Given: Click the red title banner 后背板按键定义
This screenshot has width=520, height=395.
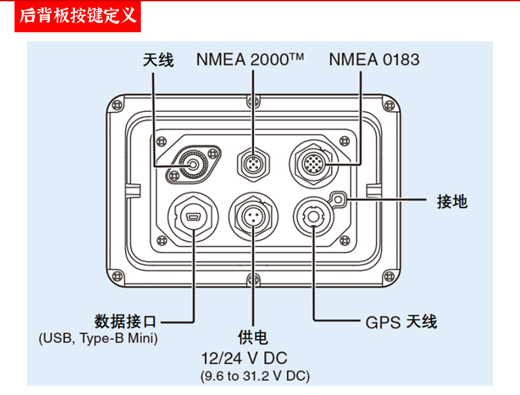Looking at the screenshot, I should (x=78, y=16).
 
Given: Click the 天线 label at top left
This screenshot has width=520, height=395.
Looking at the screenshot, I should (x=158, y=60).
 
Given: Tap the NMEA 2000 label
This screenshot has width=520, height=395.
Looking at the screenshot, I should (x=249, y=60).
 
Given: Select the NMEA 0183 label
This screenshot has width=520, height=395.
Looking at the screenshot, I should (x=373, y=60).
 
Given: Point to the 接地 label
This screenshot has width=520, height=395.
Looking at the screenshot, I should (x=452, y=201).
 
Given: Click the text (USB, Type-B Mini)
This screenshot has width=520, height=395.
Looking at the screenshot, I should (x=99, y=339).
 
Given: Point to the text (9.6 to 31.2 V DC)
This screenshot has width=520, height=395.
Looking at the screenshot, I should (x=254, y=377).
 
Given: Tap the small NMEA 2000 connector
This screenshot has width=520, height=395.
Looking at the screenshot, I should (x=253, y=162).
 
